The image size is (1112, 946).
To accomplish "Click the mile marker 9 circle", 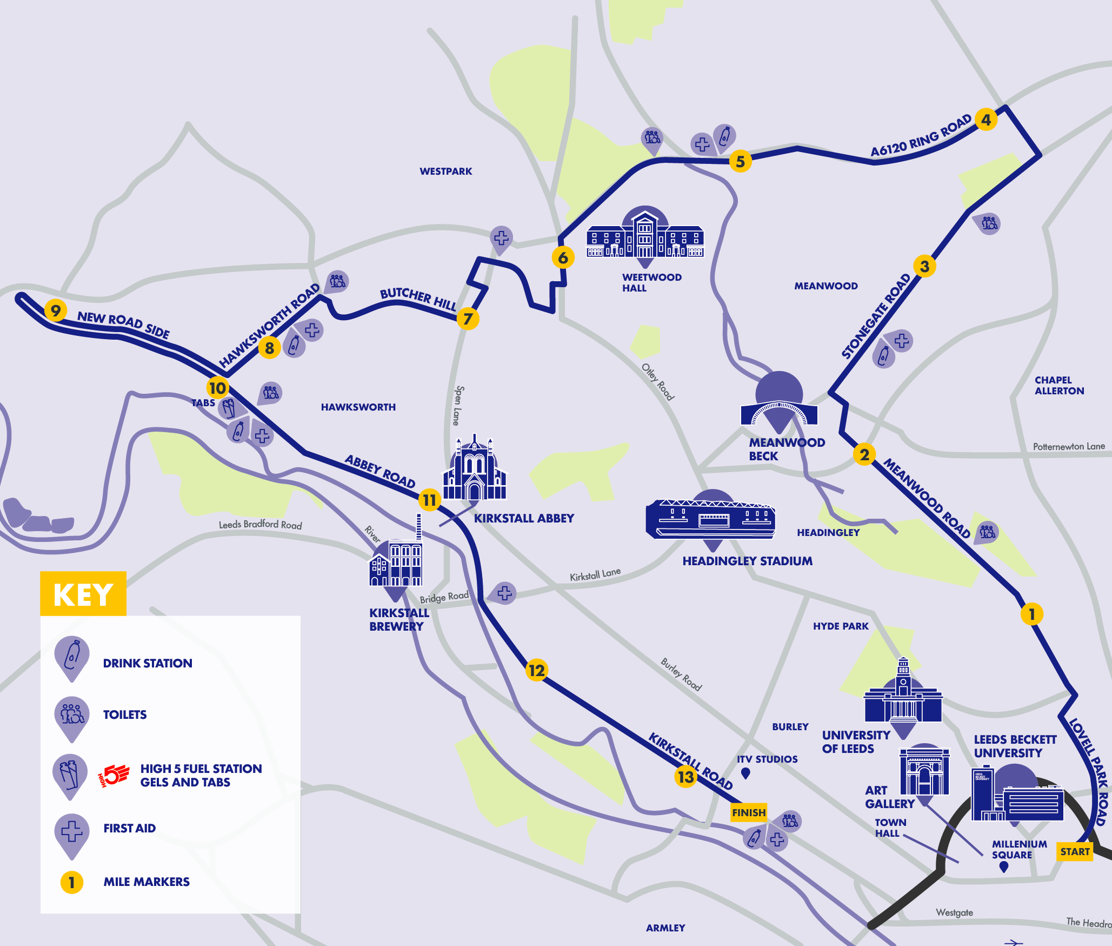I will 55,310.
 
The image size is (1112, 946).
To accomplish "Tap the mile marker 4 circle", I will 986,120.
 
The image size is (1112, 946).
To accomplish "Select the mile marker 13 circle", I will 685,777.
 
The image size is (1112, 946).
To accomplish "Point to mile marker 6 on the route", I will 563,257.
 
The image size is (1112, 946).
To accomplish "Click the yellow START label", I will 1075,851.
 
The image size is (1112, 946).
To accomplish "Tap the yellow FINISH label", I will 749,812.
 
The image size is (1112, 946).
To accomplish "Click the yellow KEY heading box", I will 83,594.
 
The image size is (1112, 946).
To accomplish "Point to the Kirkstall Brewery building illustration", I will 396,563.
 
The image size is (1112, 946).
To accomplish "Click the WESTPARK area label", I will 445,171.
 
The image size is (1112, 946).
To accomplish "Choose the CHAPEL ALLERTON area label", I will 1059,386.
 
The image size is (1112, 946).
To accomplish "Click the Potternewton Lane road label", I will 1069,447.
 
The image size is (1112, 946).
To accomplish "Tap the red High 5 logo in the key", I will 114,775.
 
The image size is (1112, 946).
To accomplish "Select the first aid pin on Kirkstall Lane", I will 504,592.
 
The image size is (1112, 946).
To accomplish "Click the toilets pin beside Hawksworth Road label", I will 337,281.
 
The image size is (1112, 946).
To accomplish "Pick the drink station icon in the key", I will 72,656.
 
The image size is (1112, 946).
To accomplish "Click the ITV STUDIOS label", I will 767,759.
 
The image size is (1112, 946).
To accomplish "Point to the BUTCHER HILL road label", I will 418,298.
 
